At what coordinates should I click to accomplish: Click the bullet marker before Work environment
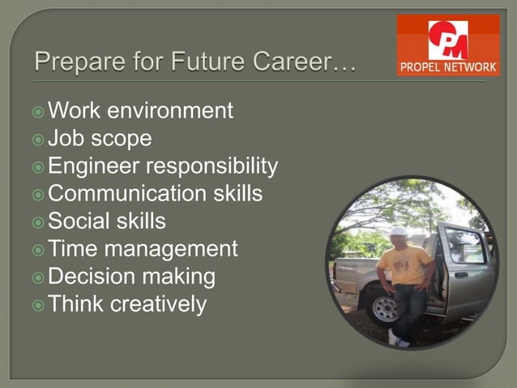(x=40, y=110)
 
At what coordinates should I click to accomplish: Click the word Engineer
(x=92, y=166)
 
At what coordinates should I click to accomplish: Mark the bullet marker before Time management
(x=40, y=249)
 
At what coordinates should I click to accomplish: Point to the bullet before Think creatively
(x=40, y=304)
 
